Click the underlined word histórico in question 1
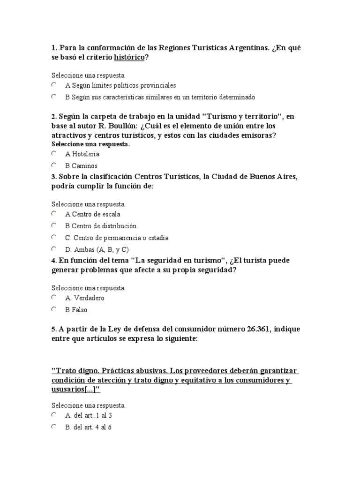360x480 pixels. pos(129,57)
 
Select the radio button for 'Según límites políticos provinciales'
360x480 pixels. pos(54,85)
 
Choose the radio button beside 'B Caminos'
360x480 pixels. pos(54,165)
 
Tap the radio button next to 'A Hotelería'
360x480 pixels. pos(54,153)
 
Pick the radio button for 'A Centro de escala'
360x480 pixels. pos(54,214)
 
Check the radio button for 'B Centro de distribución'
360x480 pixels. pos(54,225)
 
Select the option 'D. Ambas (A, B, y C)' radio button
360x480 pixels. pos(54,249)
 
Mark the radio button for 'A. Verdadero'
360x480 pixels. pos(54,298)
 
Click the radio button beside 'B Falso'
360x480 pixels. pos(54,309)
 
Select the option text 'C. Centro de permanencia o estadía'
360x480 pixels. pos(117,238)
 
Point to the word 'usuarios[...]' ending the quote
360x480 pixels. pos(75,390)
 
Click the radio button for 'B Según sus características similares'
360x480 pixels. pos(54,97)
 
